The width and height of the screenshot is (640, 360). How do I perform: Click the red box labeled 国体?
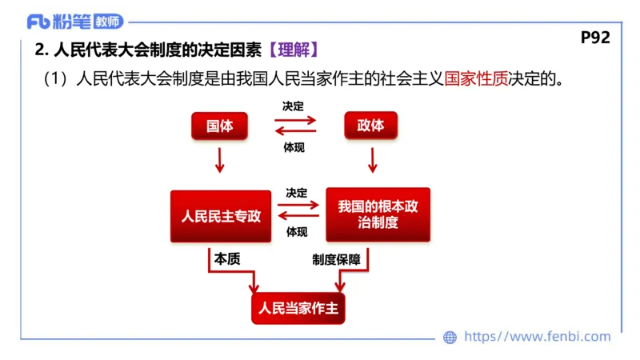click(220, 126)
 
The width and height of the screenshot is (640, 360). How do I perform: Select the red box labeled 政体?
click(371, 126)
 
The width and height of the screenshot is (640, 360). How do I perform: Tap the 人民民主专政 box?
click(221, 216)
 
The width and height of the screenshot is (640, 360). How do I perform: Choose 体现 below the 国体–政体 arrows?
click(294, 147)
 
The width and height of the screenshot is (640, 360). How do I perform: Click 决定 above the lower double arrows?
click(297, 194)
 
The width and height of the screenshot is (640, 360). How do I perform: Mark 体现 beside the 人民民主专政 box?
click(297, 233)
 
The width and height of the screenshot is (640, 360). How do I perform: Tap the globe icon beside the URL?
click(450, 338)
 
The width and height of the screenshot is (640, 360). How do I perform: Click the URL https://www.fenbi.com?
click(538, 338)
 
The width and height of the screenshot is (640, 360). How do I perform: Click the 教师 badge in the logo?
click(106, 21)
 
